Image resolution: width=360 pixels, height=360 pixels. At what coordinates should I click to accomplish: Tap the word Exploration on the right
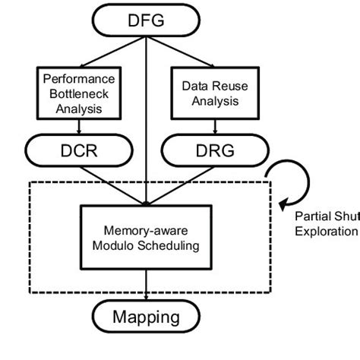click(325, 231)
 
